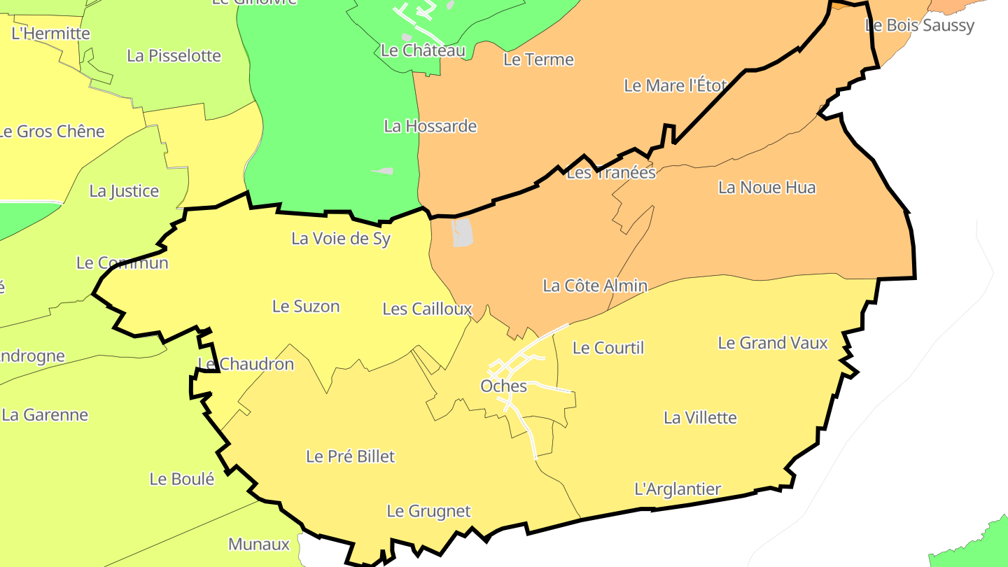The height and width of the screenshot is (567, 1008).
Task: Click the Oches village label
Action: [503, 386]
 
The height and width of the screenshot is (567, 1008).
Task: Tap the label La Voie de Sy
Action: [341, 239]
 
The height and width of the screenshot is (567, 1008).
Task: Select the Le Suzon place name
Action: [306, 306]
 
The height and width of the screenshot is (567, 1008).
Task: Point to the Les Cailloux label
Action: [427, 309]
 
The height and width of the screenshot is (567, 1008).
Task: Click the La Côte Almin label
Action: [595, 286]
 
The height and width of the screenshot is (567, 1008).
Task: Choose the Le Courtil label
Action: [608, 348]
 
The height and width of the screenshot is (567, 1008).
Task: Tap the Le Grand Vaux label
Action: [773, 343]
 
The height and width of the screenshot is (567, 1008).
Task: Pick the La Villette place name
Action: [700, 418]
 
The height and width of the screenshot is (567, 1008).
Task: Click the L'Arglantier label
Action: [677, 489]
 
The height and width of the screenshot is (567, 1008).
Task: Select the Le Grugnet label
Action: [428, 511]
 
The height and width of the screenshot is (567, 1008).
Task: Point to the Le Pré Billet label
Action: [350, 456]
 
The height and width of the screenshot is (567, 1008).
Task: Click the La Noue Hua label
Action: [766, 188]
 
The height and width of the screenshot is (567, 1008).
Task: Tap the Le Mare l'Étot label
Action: [675, 85]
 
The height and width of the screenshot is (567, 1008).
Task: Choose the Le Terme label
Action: [538, 59]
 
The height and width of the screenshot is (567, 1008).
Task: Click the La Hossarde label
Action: [430, 126]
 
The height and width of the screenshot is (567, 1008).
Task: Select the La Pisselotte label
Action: [174, 56]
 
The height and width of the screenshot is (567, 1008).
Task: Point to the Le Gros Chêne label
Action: [51, 132]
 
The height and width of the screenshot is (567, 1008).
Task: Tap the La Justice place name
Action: [124, 191]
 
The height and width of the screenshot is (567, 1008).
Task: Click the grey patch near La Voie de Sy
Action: [462, 232]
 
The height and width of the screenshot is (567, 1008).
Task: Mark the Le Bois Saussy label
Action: [919, 25]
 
